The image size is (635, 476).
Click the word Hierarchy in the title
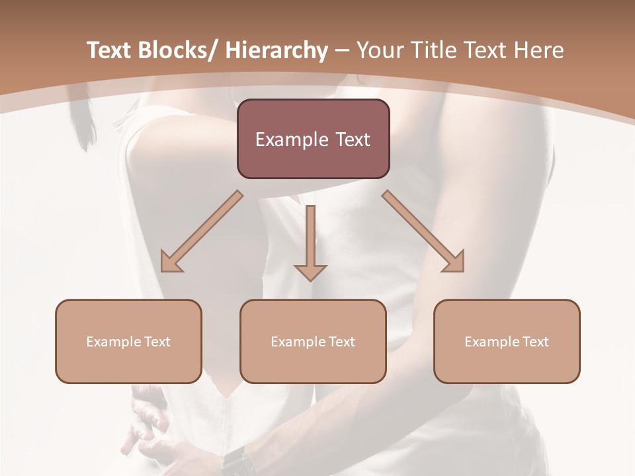(x=276, y=50)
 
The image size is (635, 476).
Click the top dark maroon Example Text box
(x=313, y=139)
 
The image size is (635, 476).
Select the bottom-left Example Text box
(x=128, y=341)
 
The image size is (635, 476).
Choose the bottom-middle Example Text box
(x=313, y=341)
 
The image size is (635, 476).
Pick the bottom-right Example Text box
(x=507, y=341)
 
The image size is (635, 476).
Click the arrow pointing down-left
(x=202, y=231)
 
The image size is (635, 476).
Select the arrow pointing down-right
(x=423, y=231)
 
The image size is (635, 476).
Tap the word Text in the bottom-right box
(x=535, y=342)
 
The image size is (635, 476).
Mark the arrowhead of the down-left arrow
(x=171, y=262)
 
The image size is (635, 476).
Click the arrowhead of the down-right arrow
(x=454, y=262)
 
